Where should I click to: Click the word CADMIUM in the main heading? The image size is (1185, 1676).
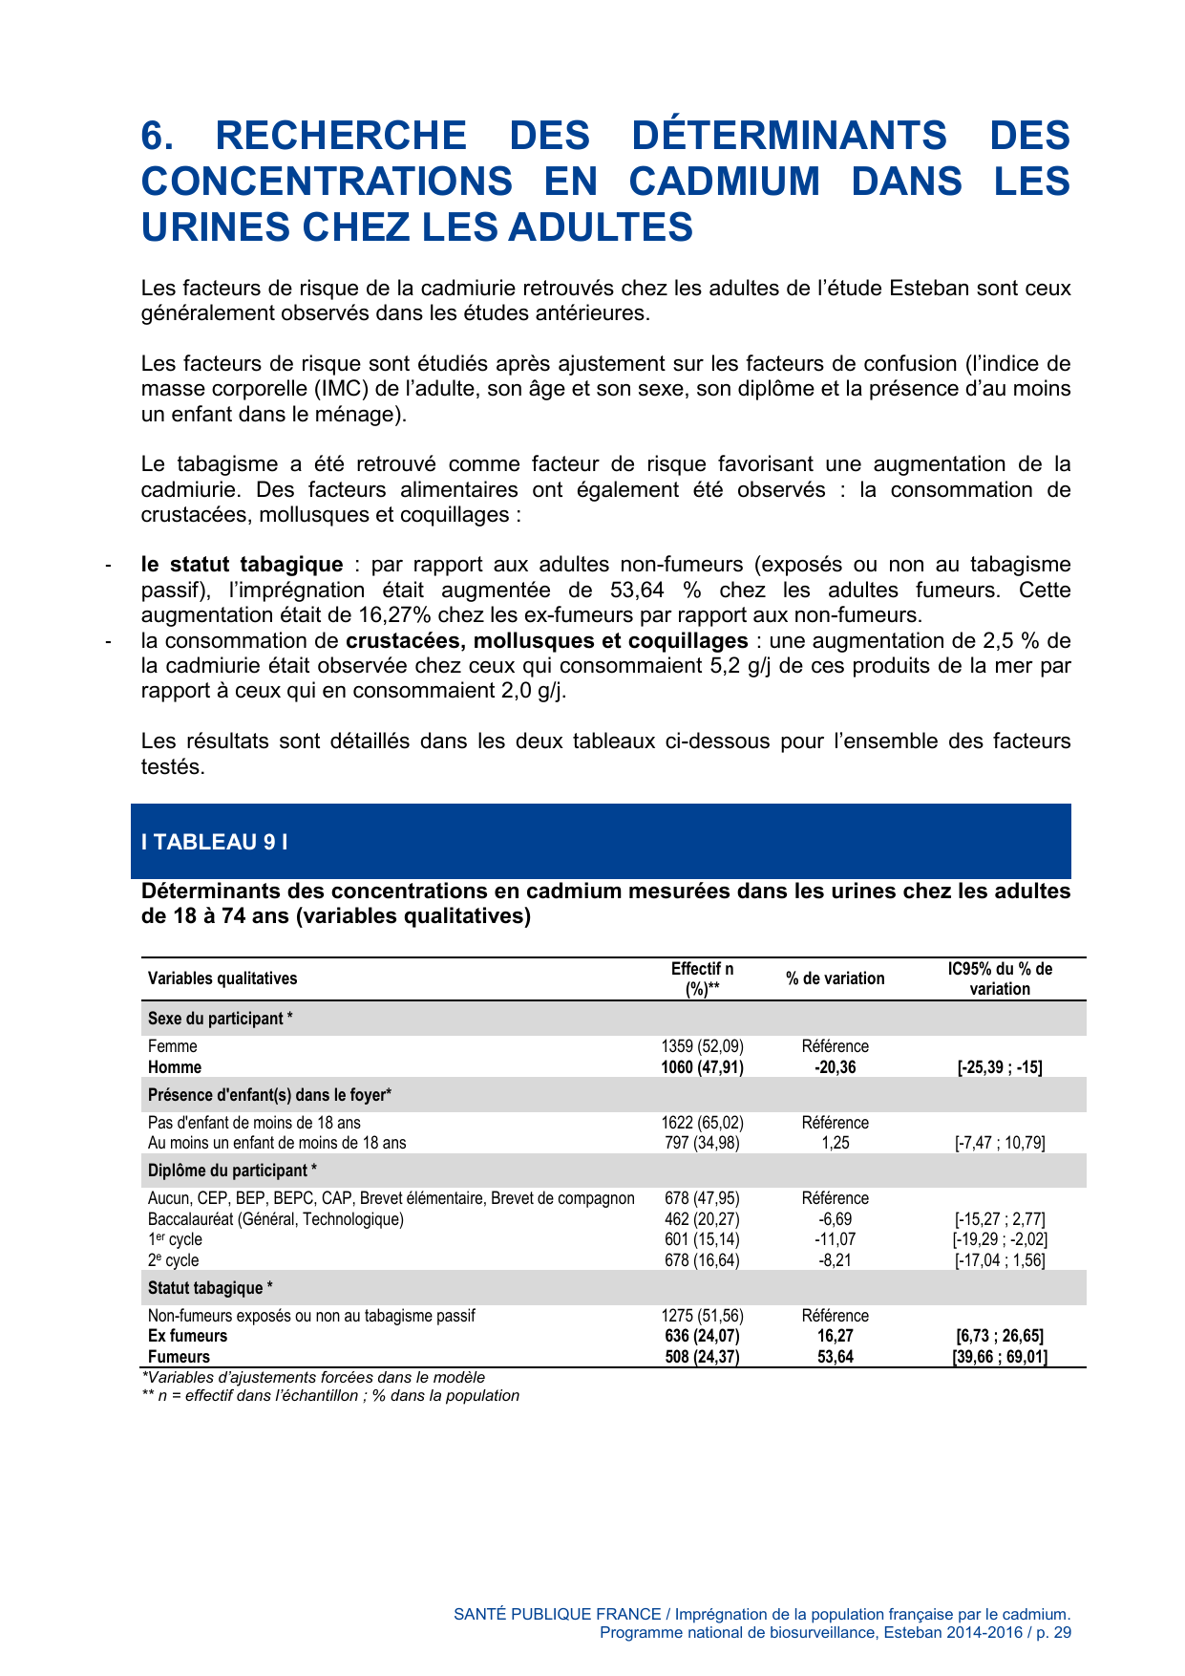724,182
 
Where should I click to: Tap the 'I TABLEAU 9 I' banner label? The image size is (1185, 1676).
214,842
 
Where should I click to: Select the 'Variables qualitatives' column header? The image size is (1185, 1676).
222,978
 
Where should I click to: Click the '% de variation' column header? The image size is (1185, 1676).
835,978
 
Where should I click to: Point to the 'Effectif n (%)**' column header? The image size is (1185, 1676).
702,979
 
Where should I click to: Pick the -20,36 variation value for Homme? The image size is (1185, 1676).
835,1067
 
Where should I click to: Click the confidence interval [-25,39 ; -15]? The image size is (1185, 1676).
999,1067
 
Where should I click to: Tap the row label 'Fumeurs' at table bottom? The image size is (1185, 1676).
179,1357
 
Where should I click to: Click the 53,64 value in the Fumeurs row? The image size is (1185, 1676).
835,1357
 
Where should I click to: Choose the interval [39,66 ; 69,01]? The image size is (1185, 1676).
999,1357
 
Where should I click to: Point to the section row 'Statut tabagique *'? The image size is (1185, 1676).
210,1288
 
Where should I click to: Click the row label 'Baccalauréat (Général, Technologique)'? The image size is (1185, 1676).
276,1219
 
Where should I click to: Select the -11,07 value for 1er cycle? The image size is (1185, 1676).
835,1239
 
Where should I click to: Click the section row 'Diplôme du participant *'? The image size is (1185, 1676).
232,1171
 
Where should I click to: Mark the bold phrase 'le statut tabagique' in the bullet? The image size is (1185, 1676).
242,565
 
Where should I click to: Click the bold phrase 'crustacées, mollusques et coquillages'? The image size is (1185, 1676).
546,640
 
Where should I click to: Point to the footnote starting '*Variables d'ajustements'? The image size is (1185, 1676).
313,1378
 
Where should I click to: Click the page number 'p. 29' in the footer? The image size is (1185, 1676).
1053,1632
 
